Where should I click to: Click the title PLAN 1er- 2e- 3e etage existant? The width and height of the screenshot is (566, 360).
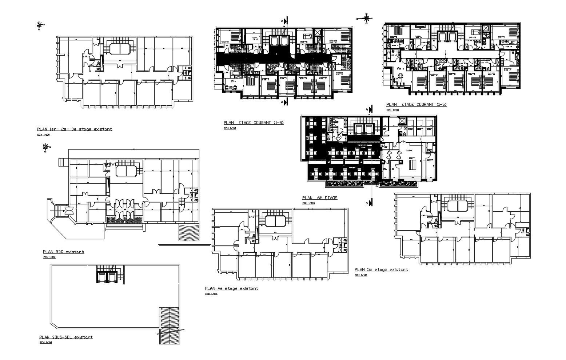[75, 129]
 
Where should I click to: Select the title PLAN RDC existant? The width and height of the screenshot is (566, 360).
[63, 252]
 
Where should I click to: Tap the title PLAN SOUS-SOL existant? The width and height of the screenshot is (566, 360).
[66, 337]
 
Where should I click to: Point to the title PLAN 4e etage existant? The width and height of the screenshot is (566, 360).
[232, 288]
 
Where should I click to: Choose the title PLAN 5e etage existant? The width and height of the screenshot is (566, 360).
[381, 269]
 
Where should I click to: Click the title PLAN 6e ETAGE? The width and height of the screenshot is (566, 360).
[320, 198]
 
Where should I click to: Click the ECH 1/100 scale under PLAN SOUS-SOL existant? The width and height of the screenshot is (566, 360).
[45, 343]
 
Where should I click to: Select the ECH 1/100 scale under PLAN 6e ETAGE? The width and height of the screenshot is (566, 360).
[309, 203]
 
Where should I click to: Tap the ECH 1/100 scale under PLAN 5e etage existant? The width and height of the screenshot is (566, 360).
[361, 275]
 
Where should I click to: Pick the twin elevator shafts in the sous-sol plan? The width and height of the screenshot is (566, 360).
[107, 277]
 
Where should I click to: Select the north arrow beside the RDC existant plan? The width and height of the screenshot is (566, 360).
[45, 147]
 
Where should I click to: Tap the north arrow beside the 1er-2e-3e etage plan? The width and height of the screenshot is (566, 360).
[39, 25]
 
